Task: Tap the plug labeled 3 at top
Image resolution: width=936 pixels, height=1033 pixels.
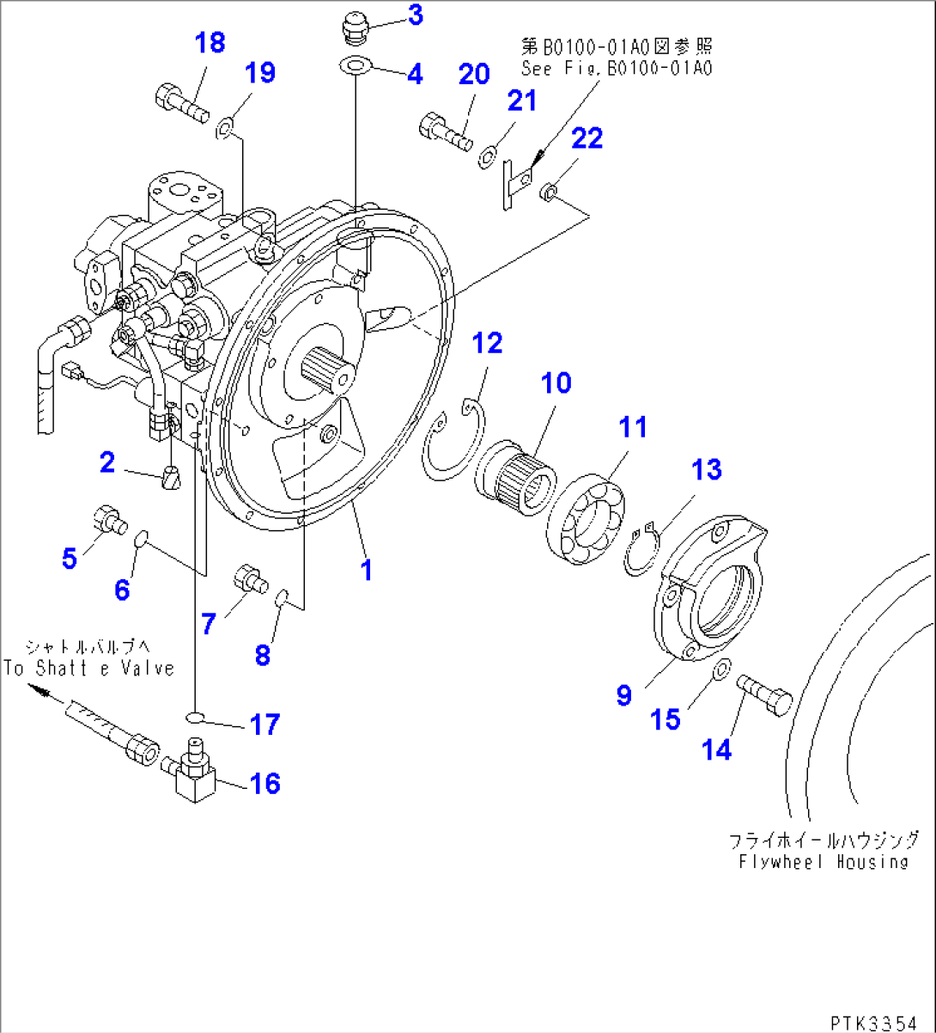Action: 352,28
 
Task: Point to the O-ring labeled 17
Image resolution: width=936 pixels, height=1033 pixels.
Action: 197,718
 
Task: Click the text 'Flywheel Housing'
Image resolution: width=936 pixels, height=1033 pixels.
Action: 824,860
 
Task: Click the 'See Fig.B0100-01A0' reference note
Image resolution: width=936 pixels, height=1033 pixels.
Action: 616,68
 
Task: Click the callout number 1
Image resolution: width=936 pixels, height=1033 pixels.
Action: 367,569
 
